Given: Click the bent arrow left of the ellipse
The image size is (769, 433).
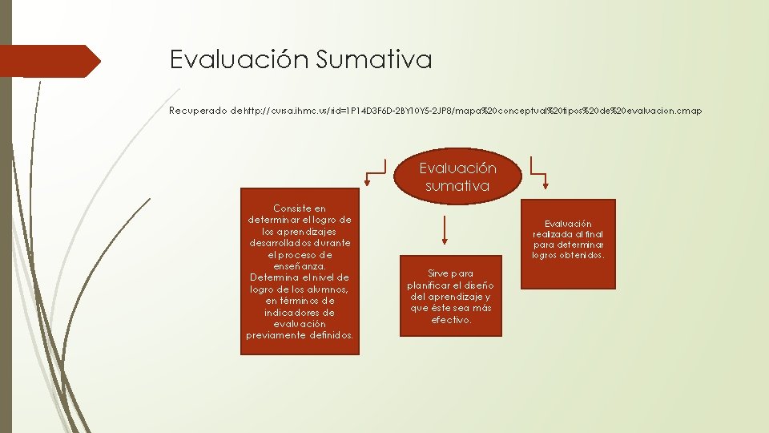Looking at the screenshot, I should point(375,171).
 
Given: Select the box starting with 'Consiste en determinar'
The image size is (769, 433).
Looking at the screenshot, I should point(300,271).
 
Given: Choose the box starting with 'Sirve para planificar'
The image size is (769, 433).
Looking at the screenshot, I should point(450,296).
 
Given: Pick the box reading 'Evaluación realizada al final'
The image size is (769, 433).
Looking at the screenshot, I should point(568,243).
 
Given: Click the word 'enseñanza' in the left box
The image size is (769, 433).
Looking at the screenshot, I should point(300,265).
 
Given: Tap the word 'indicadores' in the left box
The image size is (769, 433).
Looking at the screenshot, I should point(300,312).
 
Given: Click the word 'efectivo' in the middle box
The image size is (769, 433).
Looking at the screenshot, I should point(451,319).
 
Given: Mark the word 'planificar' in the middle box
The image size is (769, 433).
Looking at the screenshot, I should point(430,285).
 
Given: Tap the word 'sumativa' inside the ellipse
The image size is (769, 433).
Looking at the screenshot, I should point(458,186).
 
